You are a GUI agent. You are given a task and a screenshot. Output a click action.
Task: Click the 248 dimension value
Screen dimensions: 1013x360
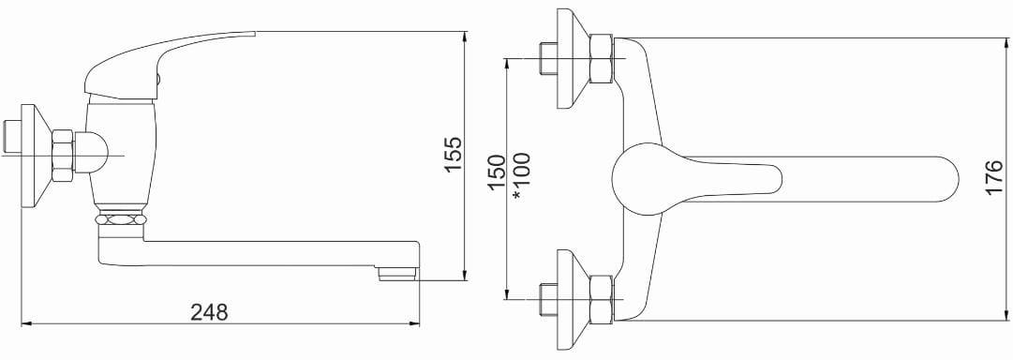click(209, 312)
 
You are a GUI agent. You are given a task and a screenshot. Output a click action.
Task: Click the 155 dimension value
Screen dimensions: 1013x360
click(454, 155)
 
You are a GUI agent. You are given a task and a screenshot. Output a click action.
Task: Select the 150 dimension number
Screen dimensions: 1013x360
click(496, 172)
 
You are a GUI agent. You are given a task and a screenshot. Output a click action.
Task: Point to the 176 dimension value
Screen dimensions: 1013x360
click(995, 178)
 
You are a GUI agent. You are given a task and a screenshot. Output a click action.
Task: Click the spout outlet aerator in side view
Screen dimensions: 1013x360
click(397, 274)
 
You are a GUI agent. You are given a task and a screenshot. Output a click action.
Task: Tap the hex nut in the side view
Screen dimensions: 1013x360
click(64, 156)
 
